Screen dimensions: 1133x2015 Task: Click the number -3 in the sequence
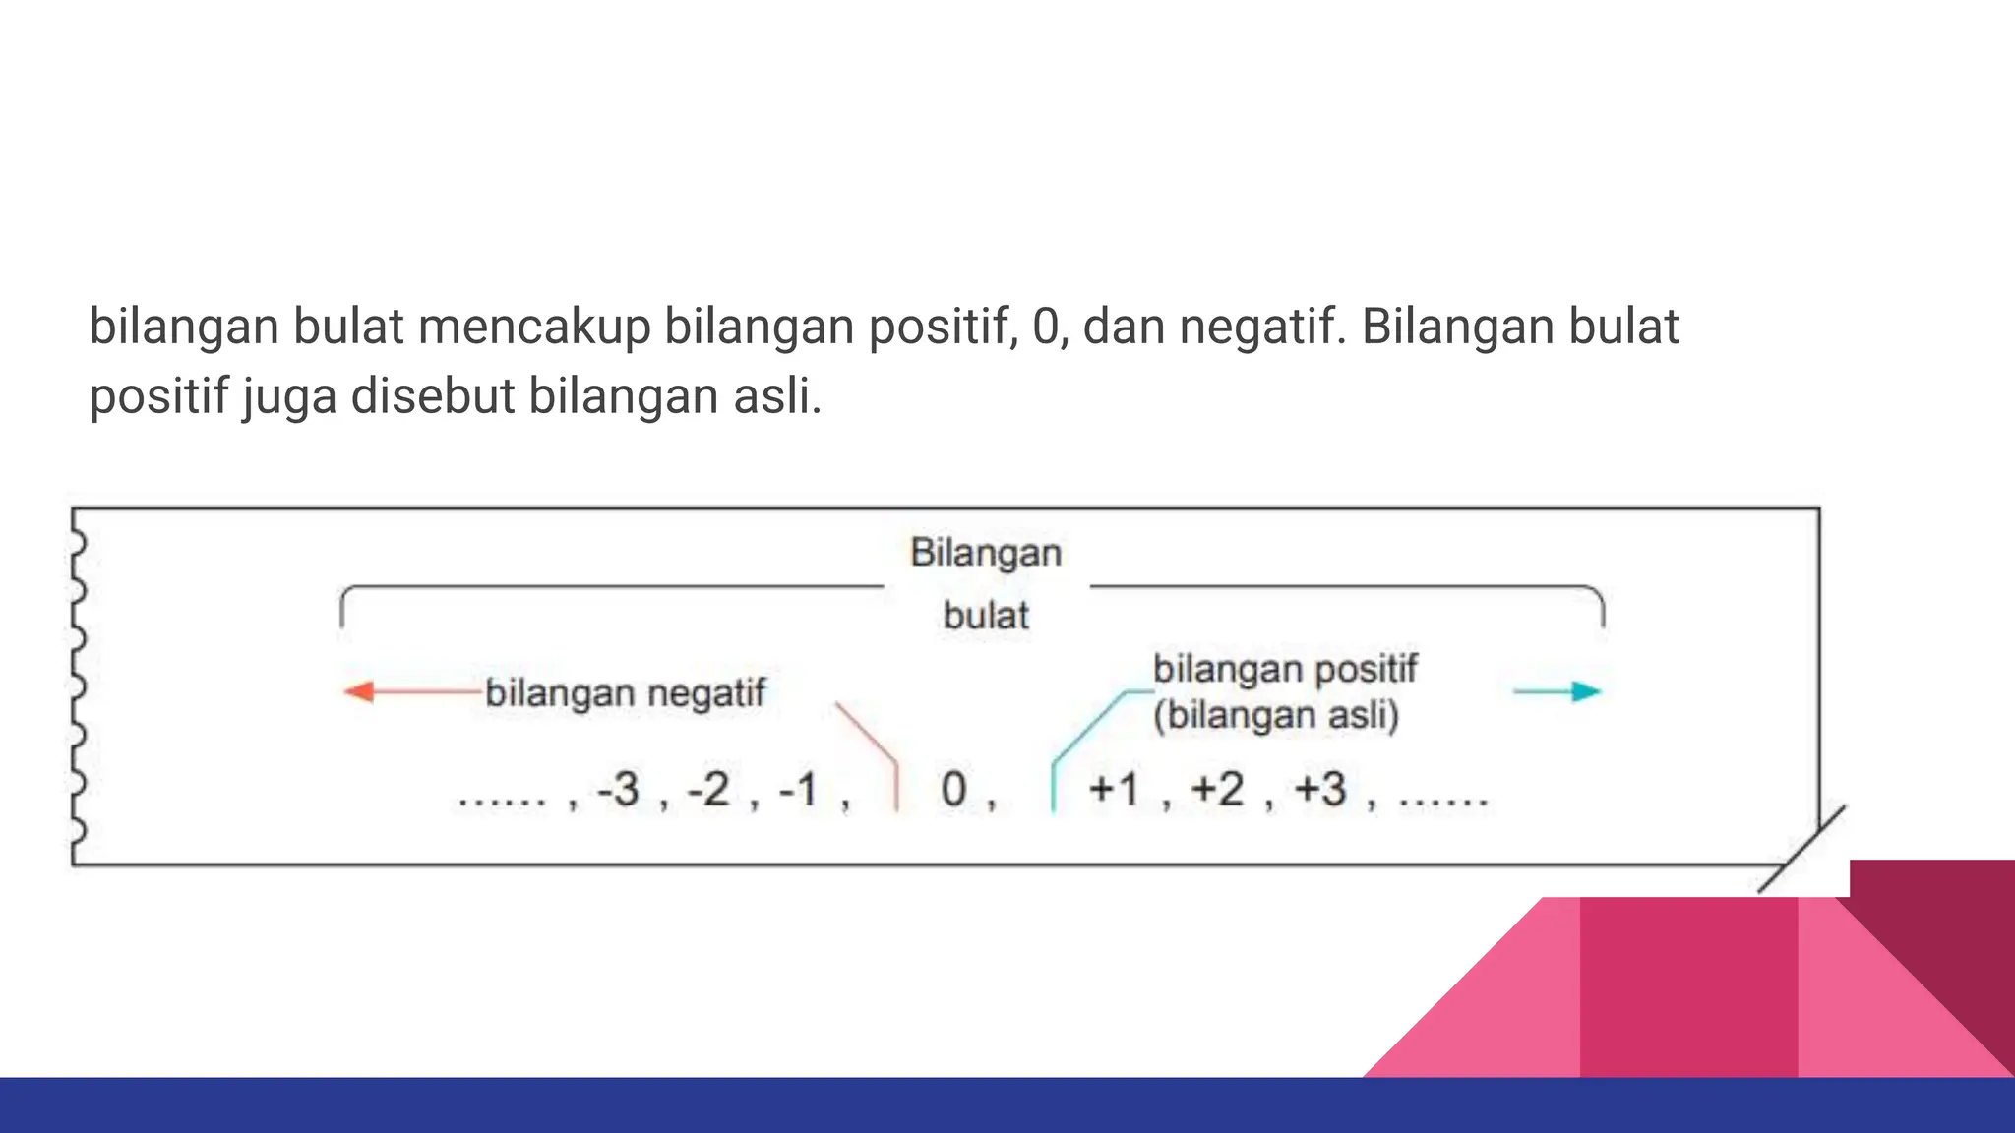coord(619,790)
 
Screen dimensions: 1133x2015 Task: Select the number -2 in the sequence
coord(709,790)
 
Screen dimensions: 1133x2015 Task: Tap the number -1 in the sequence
coord(799,790)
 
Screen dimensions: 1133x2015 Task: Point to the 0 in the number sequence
coord(953,790)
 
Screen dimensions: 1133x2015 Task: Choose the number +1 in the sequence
coord(1114,790)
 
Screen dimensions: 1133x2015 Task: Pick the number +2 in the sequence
coord(1217,790)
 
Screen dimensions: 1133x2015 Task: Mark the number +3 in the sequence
coord(1320,790)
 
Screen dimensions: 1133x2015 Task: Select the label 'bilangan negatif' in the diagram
coord(625,693)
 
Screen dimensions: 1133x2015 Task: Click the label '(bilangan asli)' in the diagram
coord(1276,715)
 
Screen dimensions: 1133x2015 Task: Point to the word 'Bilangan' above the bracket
coord(986,553)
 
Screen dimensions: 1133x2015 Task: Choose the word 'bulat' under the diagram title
coord(986,616)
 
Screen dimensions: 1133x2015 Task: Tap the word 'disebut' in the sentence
coord(433,396)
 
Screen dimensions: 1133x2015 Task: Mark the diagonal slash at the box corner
coord(1802,849)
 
